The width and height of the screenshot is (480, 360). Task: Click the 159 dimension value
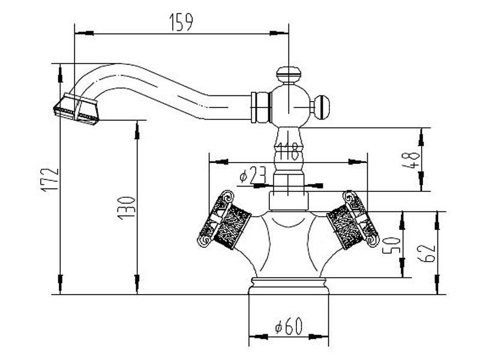coord(181,23)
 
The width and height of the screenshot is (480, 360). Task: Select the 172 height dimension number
coord(50,180)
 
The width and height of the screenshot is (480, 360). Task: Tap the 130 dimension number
coord(126,208)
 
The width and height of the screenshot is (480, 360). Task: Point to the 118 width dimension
coord(289,151)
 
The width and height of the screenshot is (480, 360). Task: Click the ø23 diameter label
coord(252,175)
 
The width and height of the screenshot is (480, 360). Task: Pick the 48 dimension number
coord(413,160)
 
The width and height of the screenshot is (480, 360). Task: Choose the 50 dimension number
coord(392,245)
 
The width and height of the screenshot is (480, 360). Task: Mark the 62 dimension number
coord(426,253)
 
